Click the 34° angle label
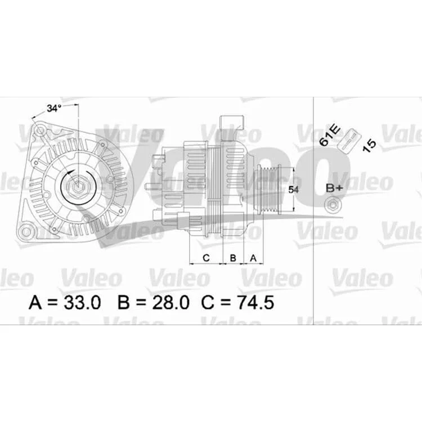pyautogui.click(x=54, y=109)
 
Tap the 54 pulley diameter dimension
pyautogui.click(x=293, y=190)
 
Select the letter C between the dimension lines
pyautogui.click(x=206, y=258)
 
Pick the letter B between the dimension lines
pyautogui.click(x=233, y=258)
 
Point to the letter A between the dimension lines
pyautogui.click(x=253, y=258)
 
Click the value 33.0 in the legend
pyautogui.click(x=82, y=303)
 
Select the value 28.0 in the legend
pyautogui.click(x=170, y=303)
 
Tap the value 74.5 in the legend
pyautogui.click(x=255, y=303)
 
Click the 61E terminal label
pyautogui.click(x=330, y=136)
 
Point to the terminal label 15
pyautogui.click(x=369, y=146)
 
